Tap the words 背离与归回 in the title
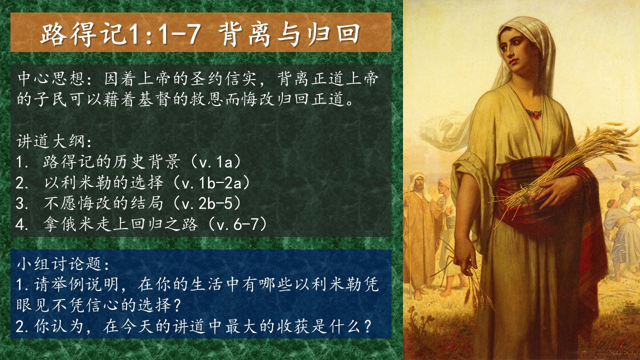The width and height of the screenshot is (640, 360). click(x=289, y=34)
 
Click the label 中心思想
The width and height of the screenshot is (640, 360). click(x=51, y=79)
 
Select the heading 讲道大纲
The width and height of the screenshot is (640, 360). click(x=50, y=141)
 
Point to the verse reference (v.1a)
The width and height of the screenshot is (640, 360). click(x=215, y=162)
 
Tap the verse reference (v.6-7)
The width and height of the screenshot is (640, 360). click(x=237, y=224)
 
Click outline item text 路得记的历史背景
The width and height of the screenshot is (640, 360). click(x=111, y=162)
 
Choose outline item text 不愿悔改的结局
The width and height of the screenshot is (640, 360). click(x=103, y=203)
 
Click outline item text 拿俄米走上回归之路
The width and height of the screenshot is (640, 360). click(x=120, y=224)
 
